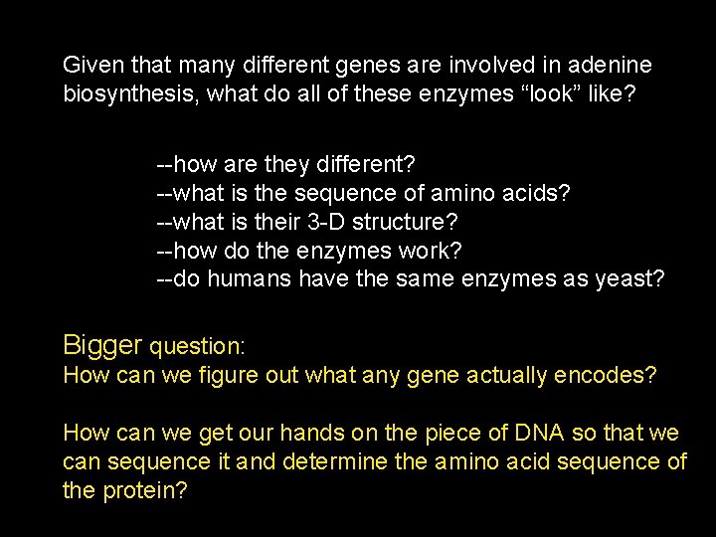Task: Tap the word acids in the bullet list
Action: [x=543, y=191]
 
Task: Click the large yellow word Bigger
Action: [x=102, y=346]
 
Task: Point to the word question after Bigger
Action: [x=196, y=348]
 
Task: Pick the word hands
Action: [x=310, y=434]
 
